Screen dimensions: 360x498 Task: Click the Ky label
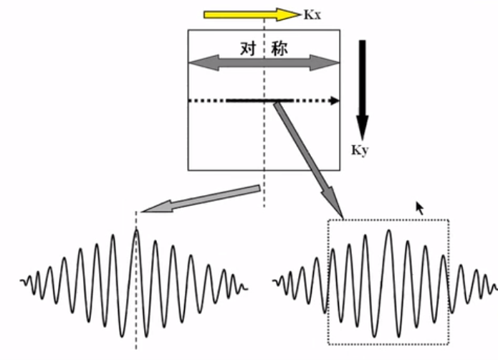click(359, 151)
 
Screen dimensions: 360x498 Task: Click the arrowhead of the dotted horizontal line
click(335, 101)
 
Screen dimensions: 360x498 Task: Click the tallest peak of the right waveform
click(388, 230)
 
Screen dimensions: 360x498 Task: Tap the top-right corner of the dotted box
click(449, 219)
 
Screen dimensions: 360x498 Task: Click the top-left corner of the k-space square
click(188, 30)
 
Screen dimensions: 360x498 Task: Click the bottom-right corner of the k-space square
click(340, 170)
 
